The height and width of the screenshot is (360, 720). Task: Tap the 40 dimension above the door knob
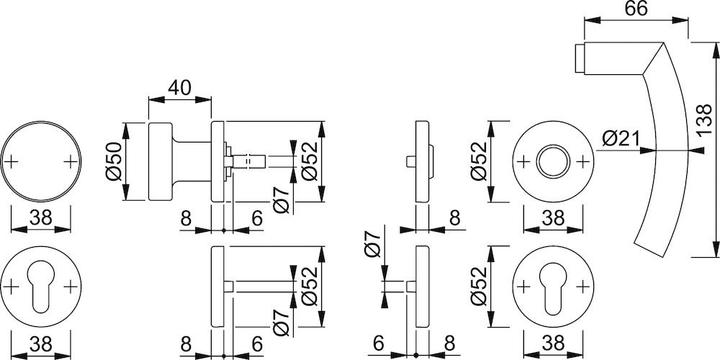pos(181,89)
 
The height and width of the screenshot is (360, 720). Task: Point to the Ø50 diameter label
pos(115,160)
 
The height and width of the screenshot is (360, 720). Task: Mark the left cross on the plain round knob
pos(11,161)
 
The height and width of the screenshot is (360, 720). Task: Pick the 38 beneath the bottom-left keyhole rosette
pos(41,345)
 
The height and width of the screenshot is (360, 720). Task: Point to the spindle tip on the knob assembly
pos(265,158)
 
